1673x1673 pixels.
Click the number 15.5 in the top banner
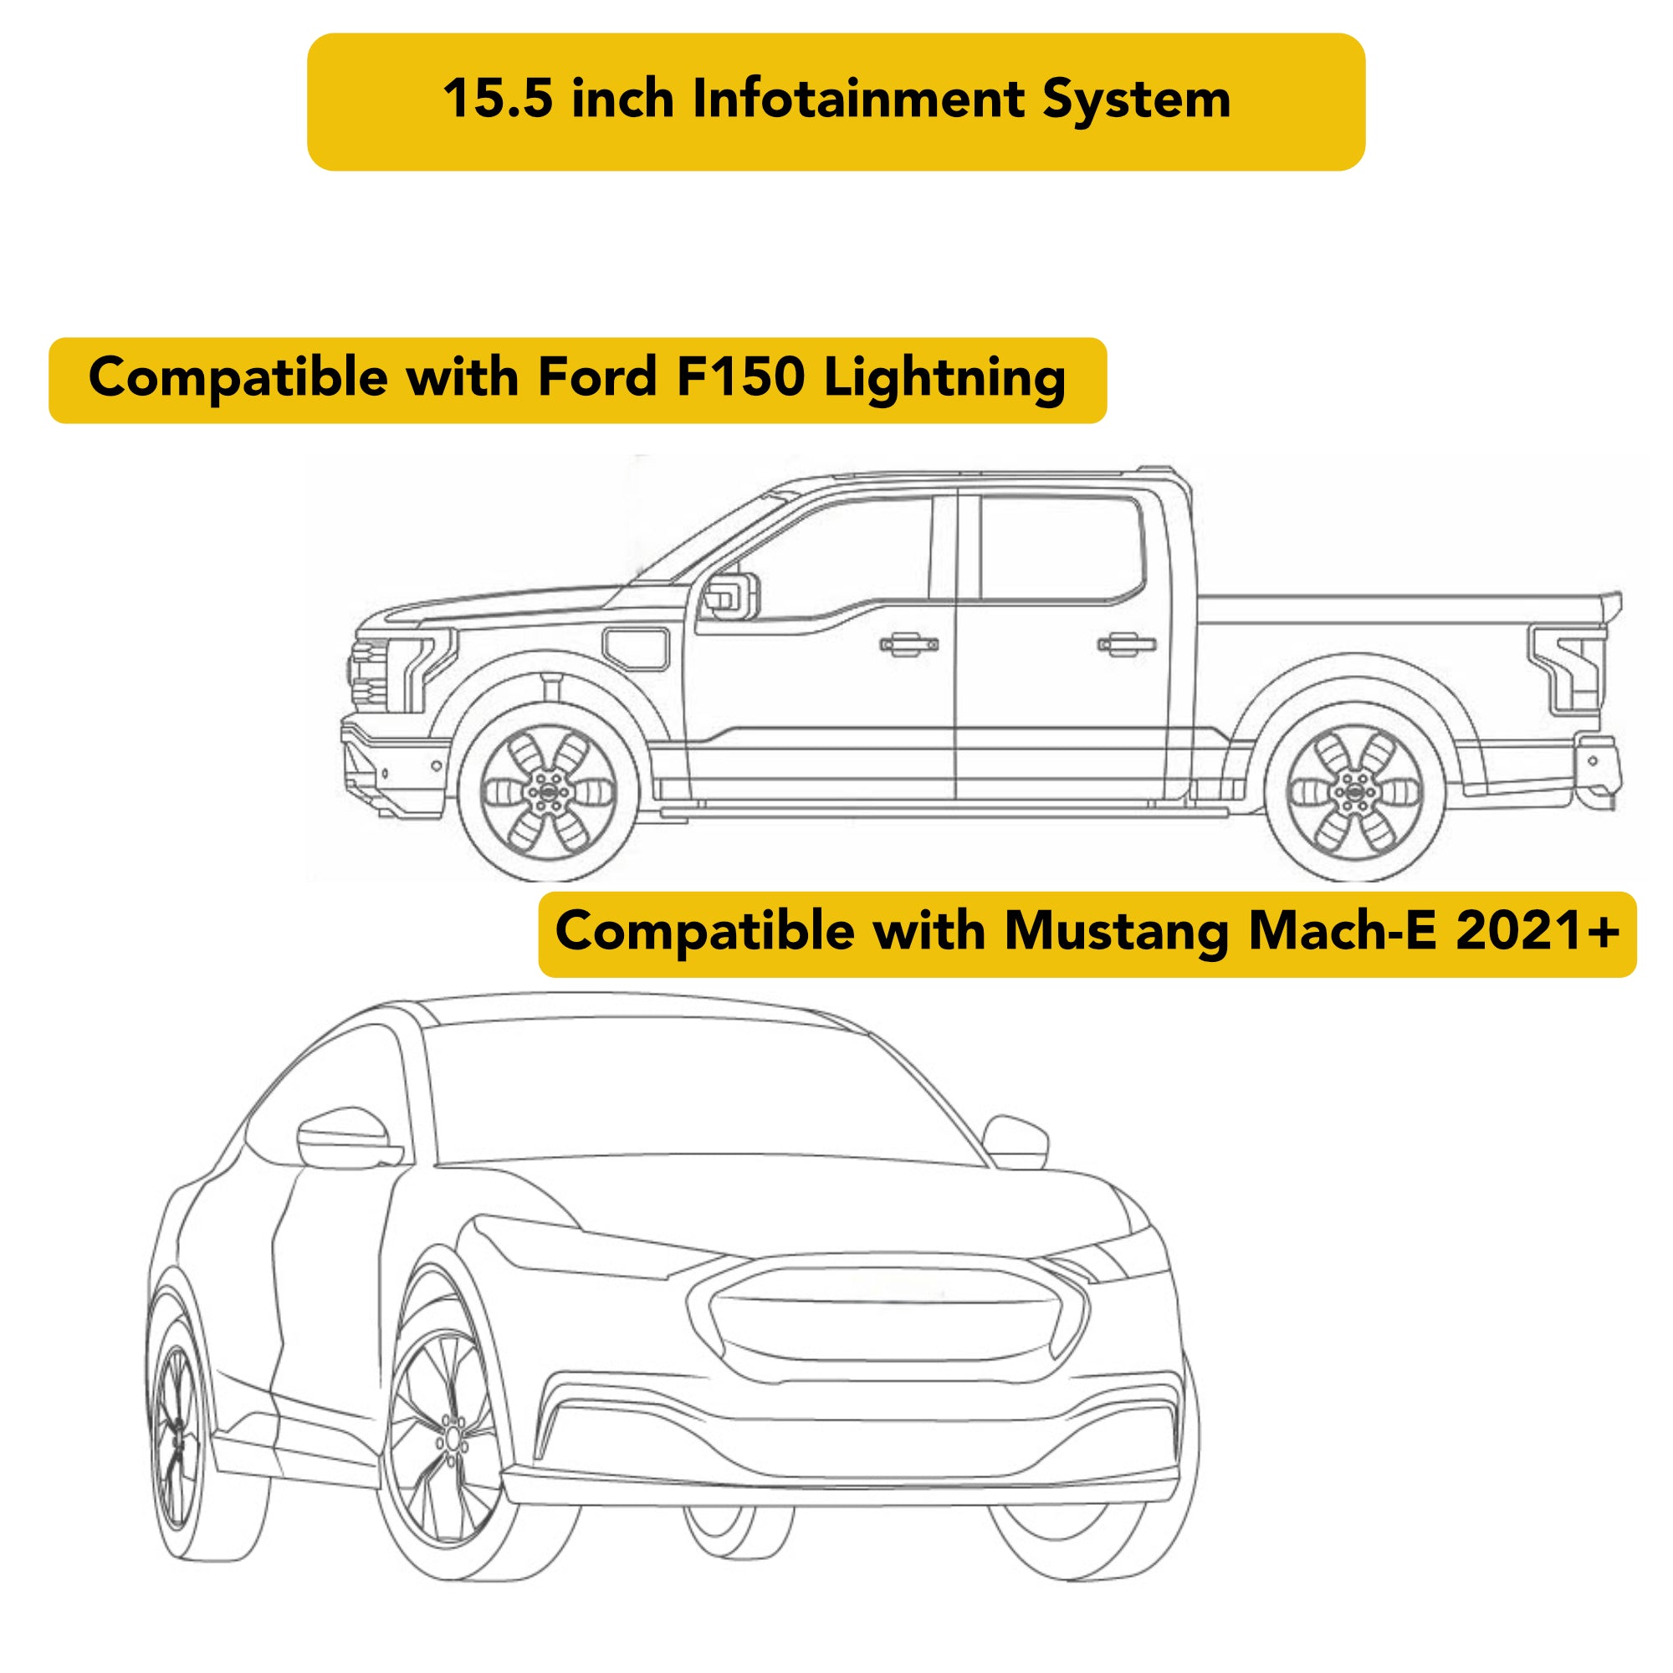(497, 100)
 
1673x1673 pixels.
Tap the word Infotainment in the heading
(858, 100)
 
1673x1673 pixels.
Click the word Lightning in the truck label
(944, 378)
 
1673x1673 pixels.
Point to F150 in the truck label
(740, 378)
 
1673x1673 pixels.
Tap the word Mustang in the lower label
(1118, 932)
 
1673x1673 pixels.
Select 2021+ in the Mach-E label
(1537, 932)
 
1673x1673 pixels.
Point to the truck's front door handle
(908, 644)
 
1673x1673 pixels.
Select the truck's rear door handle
(1127, 643)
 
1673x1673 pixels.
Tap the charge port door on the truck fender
(637, 647)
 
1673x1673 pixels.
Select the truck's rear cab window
(1060, 547)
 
